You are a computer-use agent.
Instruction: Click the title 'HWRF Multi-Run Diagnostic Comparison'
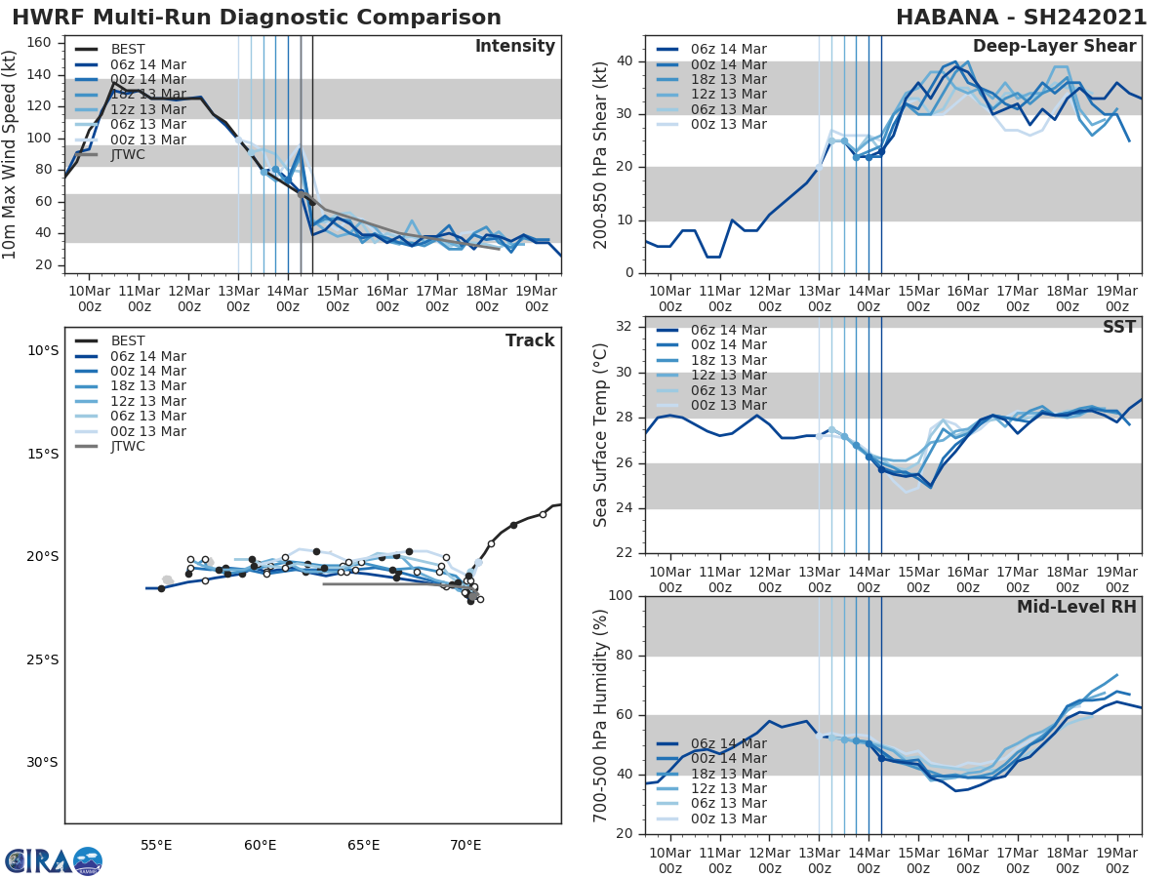tap(257, 18)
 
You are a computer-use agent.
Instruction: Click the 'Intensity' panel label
tap(515, 47)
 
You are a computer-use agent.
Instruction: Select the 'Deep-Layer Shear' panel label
tap(1054, 47)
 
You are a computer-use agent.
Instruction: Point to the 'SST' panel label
tap(1118, 328)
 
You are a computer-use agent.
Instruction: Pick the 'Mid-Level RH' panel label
tap(1076, 607)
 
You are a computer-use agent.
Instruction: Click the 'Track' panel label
tap(530, 340)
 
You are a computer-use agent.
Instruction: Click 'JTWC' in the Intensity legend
tap(129, 154)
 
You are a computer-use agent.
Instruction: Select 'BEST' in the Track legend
tap(129, 340)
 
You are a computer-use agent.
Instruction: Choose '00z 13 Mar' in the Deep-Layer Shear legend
tap(727, 124)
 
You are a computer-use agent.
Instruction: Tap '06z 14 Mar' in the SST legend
tap(727, 330)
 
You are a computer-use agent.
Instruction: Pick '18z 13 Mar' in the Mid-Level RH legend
tap(727, 774)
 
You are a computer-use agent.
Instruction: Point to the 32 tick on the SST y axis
tap(628, 327)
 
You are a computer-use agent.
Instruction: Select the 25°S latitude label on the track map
tap(43, 659)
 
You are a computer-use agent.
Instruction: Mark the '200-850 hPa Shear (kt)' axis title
tap(602, 154)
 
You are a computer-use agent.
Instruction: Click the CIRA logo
tap(53, 860)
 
